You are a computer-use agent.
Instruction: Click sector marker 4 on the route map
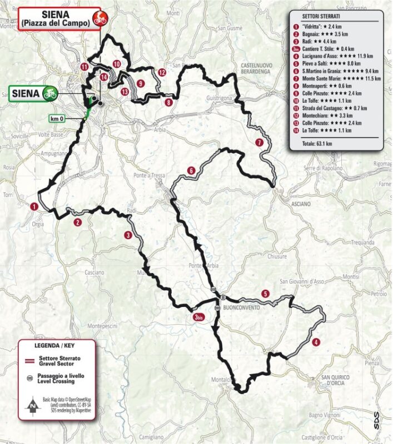pos(316,342)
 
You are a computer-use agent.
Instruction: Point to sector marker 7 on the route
pos(259,143)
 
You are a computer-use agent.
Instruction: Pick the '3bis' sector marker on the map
pos(198,317)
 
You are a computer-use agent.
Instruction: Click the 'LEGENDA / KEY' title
pos(56,346)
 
